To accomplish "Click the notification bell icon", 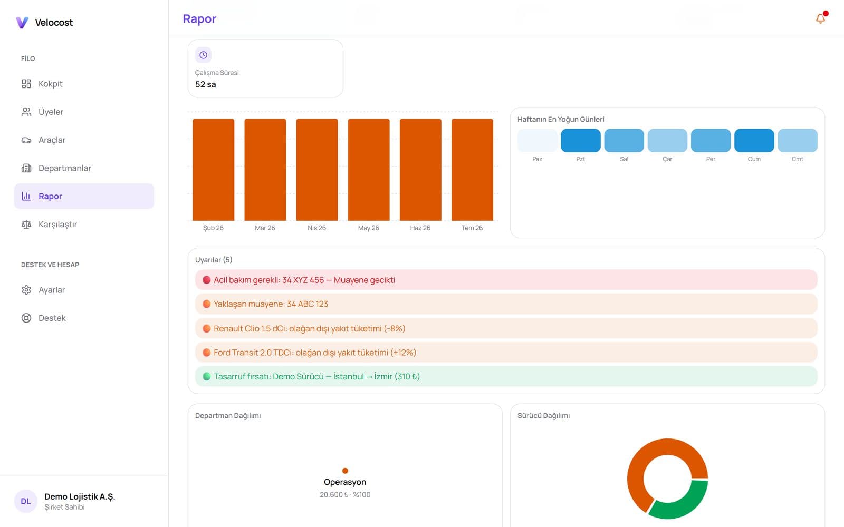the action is [x=820, y=18].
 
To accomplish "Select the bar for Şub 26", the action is [x=213, y=170].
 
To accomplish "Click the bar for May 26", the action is [x=369, y=170].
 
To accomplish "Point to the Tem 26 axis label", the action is [x=472, y=228].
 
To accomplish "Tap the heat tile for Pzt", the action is [x=581, y=140].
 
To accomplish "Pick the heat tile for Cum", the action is [x=754, y=140].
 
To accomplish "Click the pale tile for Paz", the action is [x=538, y=140].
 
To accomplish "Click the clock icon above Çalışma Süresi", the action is [x=203, y=55].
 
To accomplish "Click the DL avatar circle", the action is [x=26, y=501].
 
